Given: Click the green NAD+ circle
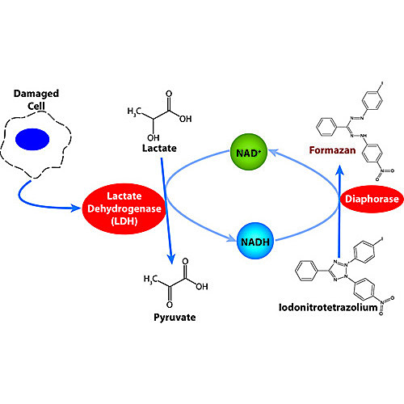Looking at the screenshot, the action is click(249, 152).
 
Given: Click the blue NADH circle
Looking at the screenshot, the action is click(255, 241).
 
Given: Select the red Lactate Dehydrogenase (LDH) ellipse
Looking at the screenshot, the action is click(124, 208).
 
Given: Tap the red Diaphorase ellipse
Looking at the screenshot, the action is click(372, 199).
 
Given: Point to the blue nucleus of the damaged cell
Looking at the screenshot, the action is click(32, 139).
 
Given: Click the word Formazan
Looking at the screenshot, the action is click(332, 150).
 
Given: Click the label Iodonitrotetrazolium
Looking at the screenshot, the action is click(328, 307).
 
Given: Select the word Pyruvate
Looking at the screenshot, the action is click(175, 318).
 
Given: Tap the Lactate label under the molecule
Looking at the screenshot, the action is click(159, 148).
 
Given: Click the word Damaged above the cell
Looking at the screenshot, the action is click(36, 94).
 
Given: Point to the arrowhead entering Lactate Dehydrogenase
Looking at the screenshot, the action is click(76, 208).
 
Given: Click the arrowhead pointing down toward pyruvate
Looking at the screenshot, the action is click(170, 259).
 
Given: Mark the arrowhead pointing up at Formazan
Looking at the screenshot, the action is click(339, 170).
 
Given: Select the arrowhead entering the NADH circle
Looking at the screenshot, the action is click(232, 238).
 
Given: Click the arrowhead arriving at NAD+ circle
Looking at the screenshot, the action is click(273, 153).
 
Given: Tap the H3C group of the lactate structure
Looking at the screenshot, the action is click(134, 111).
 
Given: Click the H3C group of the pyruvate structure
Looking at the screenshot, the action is click(150, 279).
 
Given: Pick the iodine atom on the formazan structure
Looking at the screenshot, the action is click(381, 84).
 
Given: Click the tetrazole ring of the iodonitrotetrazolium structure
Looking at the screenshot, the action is click(339, 270).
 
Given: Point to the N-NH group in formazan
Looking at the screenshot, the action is click(359, 136).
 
